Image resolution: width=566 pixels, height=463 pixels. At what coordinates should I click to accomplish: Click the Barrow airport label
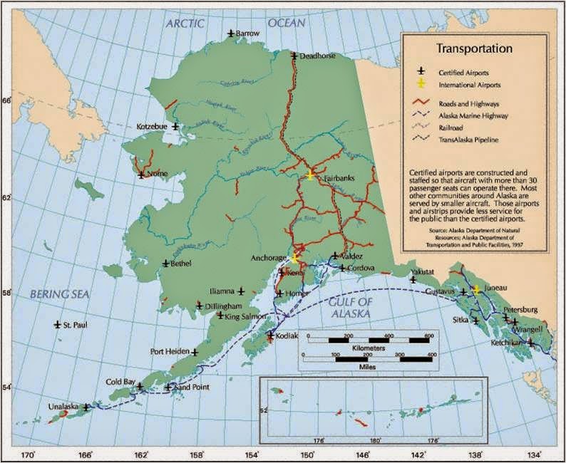[x=248, y=33]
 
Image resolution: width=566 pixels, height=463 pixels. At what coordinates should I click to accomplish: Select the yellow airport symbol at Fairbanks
[x=310, y=175]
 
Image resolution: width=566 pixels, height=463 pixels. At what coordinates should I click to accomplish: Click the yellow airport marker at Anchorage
[x=293, y=259]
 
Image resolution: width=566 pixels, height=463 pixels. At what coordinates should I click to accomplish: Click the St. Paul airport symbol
[x=58, y=325]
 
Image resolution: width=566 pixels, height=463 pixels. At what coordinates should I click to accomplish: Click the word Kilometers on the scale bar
[x=369, y=348]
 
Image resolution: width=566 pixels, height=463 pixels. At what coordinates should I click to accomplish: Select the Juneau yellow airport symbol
[x=476, y=290]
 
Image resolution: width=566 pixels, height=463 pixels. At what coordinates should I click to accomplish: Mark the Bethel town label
[x=182, y=264]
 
